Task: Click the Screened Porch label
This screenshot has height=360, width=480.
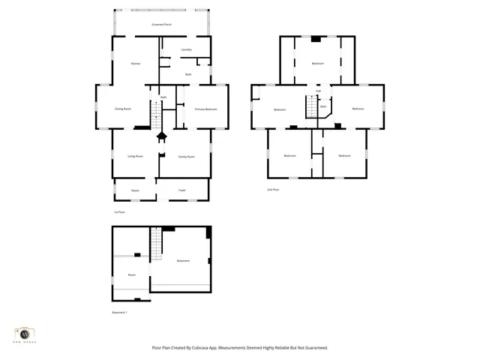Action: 161,25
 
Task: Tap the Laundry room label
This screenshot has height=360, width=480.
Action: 186,49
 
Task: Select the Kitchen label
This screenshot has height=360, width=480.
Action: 136,64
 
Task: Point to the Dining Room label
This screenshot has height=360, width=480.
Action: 123,109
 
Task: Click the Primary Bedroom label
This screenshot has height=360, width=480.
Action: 205,109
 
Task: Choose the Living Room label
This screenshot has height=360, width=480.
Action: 135,156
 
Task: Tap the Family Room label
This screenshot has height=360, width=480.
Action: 187,157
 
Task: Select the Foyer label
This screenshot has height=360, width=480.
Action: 181,190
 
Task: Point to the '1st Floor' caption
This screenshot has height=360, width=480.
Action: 118,213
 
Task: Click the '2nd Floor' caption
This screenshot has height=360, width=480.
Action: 273,190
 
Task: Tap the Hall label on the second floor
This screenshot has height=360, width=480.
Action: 318,91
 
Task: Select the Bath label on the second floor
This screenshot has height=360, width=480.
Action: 323,106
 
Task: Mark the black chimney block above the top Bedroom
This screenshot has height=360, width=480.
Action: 316,38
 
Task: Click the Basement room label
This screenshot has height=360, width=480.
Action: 183,260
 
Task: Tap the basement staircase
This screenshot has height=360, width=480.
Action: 157,244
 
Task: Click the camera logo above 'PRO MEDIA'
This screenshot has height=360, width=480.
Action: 25,333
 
